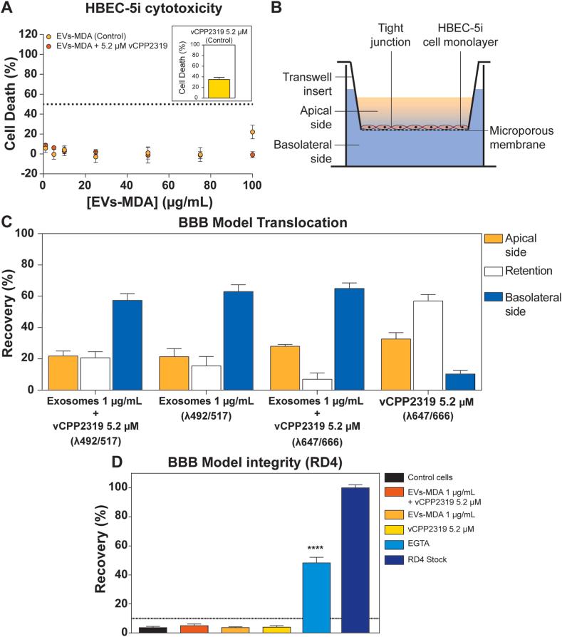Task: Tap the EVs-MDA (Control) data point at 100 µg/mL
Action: [x=252, y=132]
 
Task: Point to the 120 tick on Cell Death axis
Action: [x=31, y=33]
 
